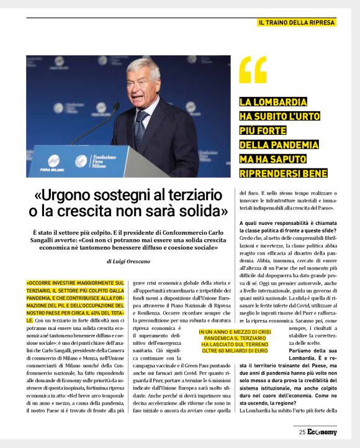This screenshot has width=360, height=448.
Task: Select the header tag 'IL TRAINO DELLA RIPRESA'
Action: click(297, 23)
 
